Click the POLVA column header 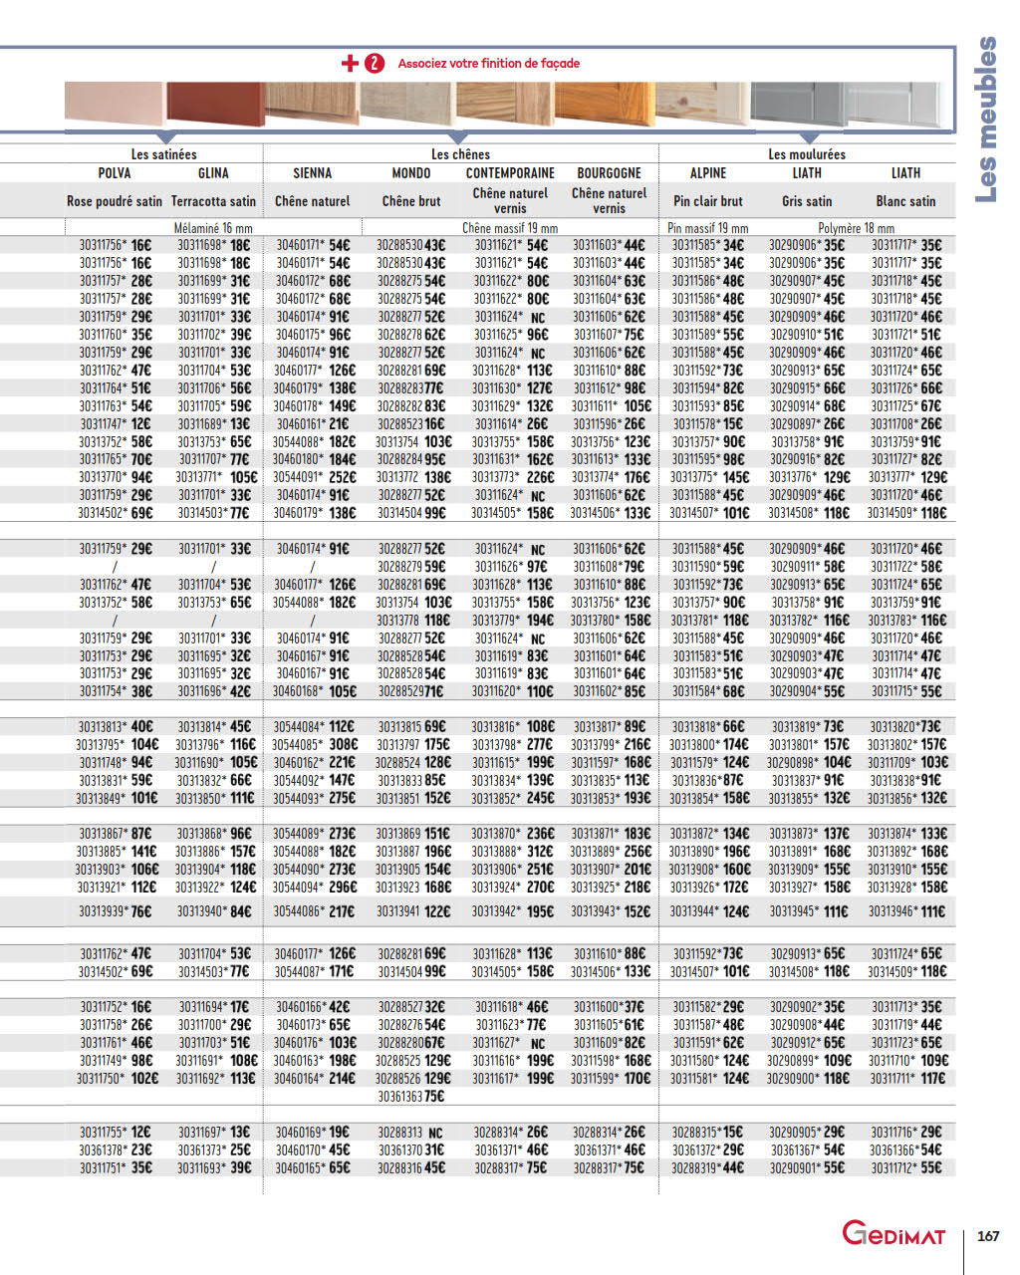tap(115, 173)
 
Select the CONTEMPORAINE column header tap(510, 173)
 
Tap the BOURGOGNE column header tap(609, 173)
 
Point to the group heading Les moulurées tap(807, 154)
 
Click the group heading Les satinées tap(164, 154)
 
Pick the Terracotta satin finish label tap(213, 201)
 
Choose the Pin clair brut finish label tap(708, 201)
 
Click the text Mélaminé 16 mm tap(213, 228)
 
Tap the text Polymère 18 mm tap(857, 228)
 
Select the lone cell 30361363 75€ tap(410, 1097)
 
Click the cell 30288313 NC tap(410, 1133)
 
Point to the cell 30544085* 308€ tap(315, 745)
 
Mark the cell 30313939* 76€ tap(115, 911)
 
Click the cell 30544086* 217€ tap(314, 911)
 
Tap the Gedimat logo tap(893, 1234)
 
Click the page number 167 tap(988, 1236)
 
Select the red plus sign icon tap(350, 64)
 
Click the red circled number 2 tap(375, 64)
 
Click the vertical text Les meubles tap(985, 120)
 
